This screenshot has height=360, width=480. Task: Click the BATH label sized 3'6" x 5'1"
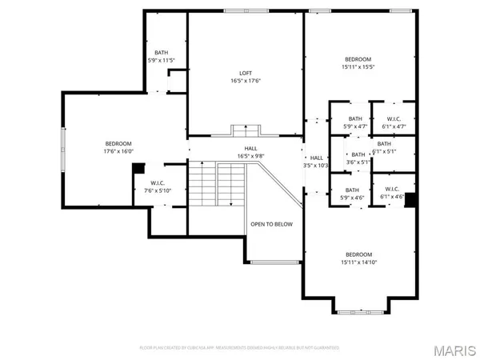(358, 158)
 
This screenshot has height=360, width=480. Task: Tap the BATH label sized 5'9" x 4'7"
(354, 122)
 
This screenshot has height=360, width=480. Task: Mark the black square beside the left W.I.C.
(138, 168)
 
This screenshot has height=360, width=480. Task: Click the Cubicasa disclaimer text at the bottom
(239, 348)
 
